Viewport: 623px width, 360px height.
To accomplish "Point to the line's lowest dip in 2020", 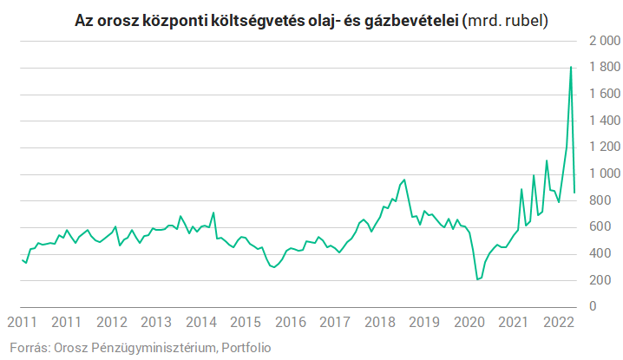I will (x=477, y=279).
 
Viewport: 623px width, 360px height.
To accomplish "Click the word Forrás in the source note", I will (x=28, y=348).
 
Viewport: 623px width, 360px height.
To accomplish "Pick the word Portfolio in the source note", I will (x=246, y=348).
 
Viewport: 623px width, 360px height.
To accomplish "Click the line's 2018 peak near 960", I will (x=403, y=180).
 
